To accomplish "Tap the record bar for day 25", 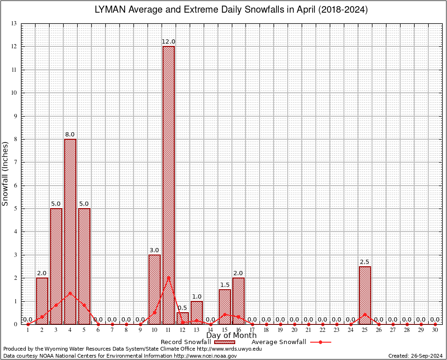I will point(365,295).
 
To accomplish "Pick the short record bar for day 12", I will point(183,318).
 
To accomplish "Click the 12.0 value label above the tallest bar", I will point(168,42).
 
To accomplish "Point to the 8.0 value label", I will point(70,135).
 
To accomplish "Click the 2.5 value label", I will point(365,262).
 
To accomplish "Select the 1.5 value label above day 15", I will point(224,285).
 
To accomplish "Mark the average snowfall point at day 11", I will point(168,277).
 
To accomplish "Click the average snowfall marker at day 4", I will point(70,293).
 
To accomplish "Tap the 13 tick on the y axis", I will point(14,23).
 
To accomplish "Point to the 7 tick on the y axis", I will point(15,162).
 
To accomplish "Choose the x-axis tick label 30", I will point(435,330).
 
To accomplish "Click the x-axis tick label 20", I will point(294,330).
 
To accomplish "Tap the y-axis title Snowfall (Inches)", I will point(5,173).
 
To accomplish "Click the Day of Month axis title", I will point(231,336).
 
